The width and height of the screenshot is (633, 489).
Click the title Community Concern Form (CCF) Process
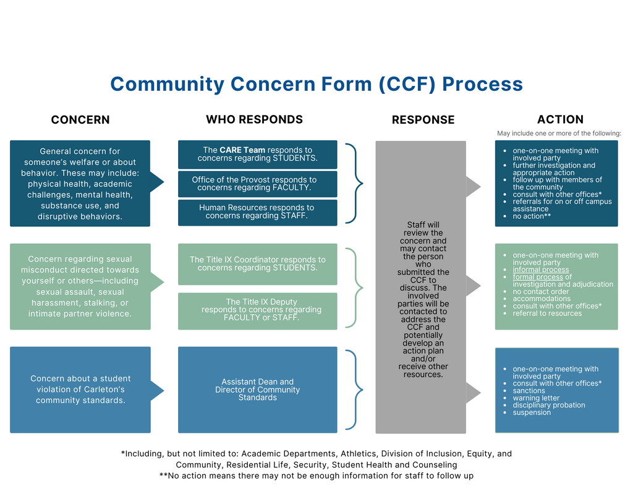(316, 84)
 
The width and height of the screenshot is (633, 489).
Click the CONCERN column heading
(80, 120)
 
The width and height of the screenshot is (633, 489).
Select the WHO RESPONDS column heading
(254, 119)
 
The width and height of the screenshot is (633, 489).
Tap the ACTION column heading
(560, 119)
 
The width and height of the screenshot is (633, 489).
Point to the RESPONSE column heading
(423, 120)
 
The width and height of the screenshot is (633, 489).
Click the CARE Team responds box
(257, 154)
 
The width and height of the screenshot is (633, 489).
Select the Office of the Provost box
(257, 184)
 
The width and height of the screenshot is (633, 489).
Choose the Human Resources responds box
(257, 212)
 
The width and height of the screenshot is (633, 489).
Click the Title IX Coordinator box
(257, 264)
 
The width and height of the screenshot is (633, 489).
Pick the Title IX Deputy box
(257, 310)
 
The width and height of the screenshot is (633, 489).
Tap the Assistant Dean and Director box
(257, 389)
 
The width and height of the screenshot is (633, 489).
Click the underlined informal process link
(540, 270)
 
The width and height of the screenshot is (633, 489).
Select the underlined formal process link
(537, 277)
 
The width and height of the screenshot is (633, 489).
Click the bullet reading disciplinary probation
(548, 405)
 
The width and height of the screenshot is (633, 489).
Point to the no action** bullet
(532, 216)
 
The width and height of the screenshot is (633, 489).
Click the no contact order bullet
(540, 291)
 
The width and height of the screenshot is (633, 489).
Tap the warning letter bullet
(536, 398)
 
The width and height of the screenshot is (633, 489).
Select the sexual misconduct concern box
(80, 286)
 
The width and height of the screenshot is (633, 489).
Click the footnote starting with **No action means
(316, 475)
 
